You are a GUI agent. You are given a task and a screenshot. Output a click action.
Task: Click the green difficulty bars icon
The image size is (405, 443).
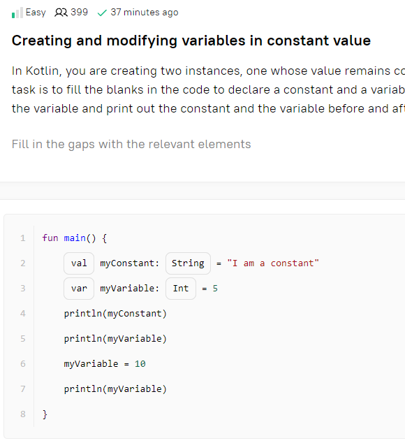click(17, 13)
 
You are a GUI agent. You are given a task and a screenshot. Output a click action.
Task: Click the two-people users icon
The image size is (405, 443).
click(61, 13)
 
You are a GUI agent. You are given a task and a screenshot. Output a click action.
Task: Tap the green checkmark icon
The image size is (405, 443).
click(102, 13)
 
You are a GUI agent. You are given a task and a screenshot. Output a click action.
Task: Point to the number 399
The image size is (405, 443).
click(79, 13)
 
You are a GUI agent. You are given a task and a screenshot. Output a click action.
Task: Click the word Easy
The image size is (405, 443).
click(36, 13)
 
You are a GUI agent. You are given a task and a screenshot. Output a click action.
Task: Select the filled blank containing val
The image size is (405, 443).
click(79, 263)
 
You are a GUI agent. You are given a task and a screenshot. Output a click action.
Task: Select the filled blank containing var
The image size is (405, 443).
click(79, 289)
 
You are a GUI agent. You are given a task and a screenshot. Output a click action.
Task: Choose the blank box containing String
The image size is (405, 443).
click(188, 263)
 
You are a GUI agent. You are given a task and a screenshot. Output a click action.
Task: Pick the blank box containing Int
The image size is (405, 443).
click(181, 289)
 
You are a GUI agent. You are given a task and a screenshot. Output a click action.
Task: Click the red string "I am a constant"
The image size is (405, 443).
click(273, 263)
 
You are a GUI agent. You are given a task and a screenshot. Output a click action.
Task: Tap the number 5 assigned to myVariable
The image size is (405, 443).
click(215, 289)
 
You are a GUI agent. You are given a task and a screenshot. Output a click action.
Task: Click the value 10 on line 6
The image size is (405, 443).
click(140, 364)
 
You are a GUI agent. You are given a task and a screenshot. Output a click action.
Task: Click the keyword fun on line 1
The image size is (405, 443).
click(50, 238)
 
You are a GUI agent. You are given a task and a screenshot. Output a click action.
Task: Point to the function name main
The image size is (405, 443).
click(75, 238)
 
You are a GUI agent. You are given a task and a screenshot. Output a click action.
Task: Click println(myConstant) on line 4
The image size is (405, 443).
click(115, 314)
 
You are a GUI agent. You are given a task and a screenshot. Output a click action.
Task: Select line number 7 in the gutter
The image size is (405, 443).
click(23, 389)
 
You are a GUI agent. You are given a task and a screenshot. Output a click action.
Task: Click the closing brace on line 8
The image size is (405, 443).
click(45, 414)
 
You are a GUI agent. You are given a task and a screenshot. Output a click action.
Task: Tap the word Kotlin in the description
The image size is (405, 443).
click(43, 71)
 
